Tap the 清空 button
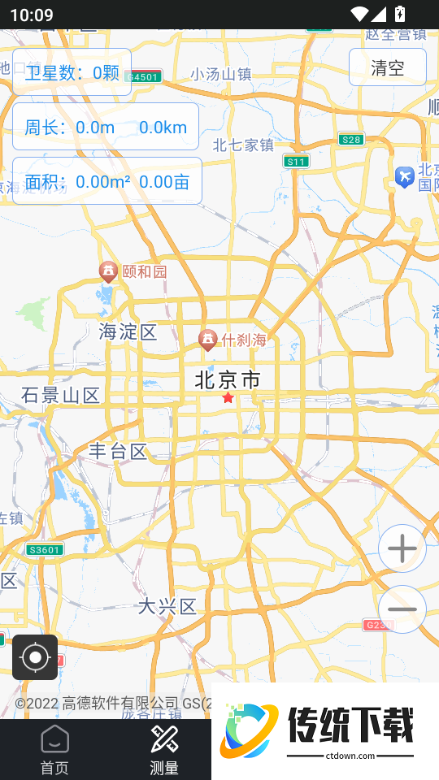(388, 67)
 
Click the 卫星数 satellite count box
(72, 73)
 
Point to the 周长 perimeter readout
(106, 127)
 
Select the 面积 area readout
(106, 181)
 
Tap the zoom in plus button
(402, 549)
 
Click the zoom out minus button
(402, 609)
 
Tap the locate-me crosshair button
(35, 657)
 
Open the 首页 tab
(54, 750)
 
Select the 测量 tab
(164, 750)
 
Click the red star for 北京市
(228, 398)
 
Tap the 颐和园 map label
(144, 271)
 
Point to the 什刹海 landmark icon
(208, 339)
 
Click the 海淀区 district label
(128, 331)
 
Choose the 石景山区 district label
(61, 396)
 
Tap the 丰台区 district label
(119, 452)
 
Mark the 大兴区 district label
(167, 606)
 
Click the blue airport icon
(404, 176)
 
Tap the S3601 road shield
(44, 550)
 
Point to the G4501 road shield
(145, 76)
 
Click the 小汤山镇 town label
(221, 74)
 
